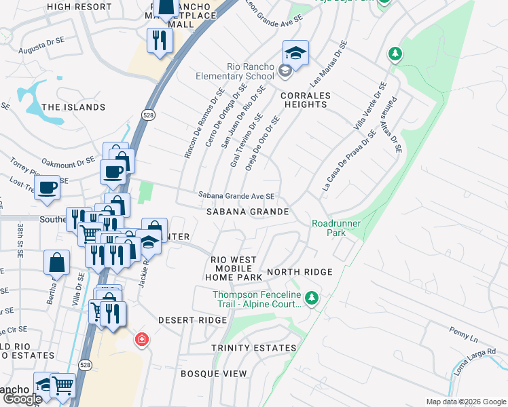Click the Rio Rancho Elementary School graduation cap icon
(295, 52)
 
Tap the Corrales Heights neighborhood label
(304, 100)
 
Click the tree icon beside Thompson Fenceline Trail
(311, 297)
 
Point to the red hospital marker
(141, 338)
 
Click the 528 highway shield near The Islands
(147, 116)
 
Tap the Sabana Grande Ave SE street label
(236, 196)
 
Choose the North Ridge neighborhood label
(300, 272)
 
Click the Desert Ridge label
(192, 319)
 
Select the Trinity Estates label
(253, 348)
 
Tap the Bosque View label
(213, 374)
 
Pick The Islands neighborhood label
(73, 107)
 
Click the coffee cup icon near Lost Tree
(48, 187)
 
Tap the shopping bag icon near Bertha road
(57, 262)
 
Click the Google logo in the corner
(22, 398)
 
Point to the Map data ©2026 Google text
(466, 402)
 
